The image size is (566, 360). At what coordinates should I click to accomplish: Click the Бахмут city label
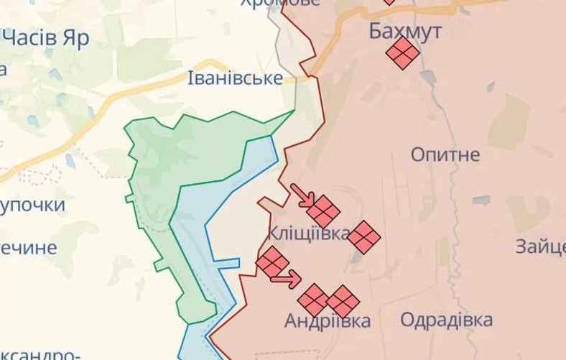(x=405, y=31)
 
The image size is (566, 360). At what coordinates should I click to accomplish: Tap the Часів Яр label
(x=45, y=37)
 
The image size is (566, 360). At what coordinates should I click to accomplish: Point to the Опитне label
(x=445, y=154)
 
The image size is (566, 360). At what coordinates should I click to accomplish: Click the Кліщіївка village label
(x=308, y=234)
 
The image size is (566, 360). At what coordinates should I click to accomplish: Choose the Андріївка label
(x=328, y=320)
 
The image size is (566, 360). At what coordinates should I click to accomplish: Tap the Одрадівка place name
(x=447, y=320)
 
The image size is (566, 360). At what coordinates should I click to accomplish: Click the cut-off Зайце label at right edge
(x=540, y=246)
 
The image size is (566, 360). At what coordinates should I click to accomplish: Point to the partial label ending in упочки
(x=32, y=206)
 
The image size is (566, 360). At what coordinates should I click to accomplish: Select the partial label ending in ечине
(x=28, y=248)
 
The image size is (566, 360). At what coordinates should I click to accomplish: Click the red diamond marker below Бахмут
(x=402, y=52)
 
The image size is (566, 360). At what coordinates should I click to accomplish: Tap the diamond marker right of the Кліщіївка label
(x=365, y=236)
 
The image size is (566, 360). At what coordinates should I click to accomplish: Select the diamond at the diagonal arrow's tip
(x=324, y=211)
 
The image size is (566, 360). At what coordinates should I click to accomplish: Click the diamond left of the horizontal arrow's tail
(x=272, y=262)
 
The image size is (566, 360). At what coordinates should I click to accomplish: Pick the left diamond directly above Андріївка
(x=314, y=299)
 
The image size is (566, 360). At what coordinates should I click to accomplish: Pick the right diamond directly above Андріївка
(x=343, y=301)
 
